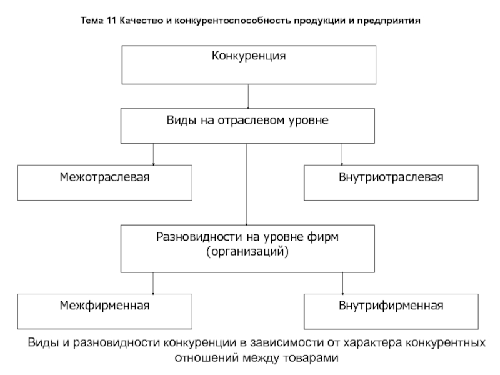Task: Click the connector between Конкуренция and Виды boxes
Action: pyautogui.click(x=248, y=96)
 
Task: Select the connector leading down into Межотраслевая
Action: pyautogui.click(x=153, y=154)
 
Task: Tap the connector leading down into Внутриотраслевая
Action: pyautogui.click(x=342, y=154)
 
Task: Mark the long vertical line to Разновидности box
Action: pyautogui.click(x=246, y=184)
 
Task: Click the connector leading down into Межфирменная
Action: pyautogui.click(x=153, y=283)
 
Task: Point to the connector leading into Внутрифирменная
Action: pyautogui.click(x=342, y=283)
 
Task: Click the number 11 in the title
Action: pyautogui.click(x=111, y=21)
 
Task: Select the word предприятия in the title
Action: pyautogui.click(x=389, y=21)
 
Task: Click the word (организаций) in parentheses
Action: pyautogui.click(x=247, y=252)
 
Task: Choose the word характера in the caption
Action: pyautogui.click(x=372, y=342)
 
